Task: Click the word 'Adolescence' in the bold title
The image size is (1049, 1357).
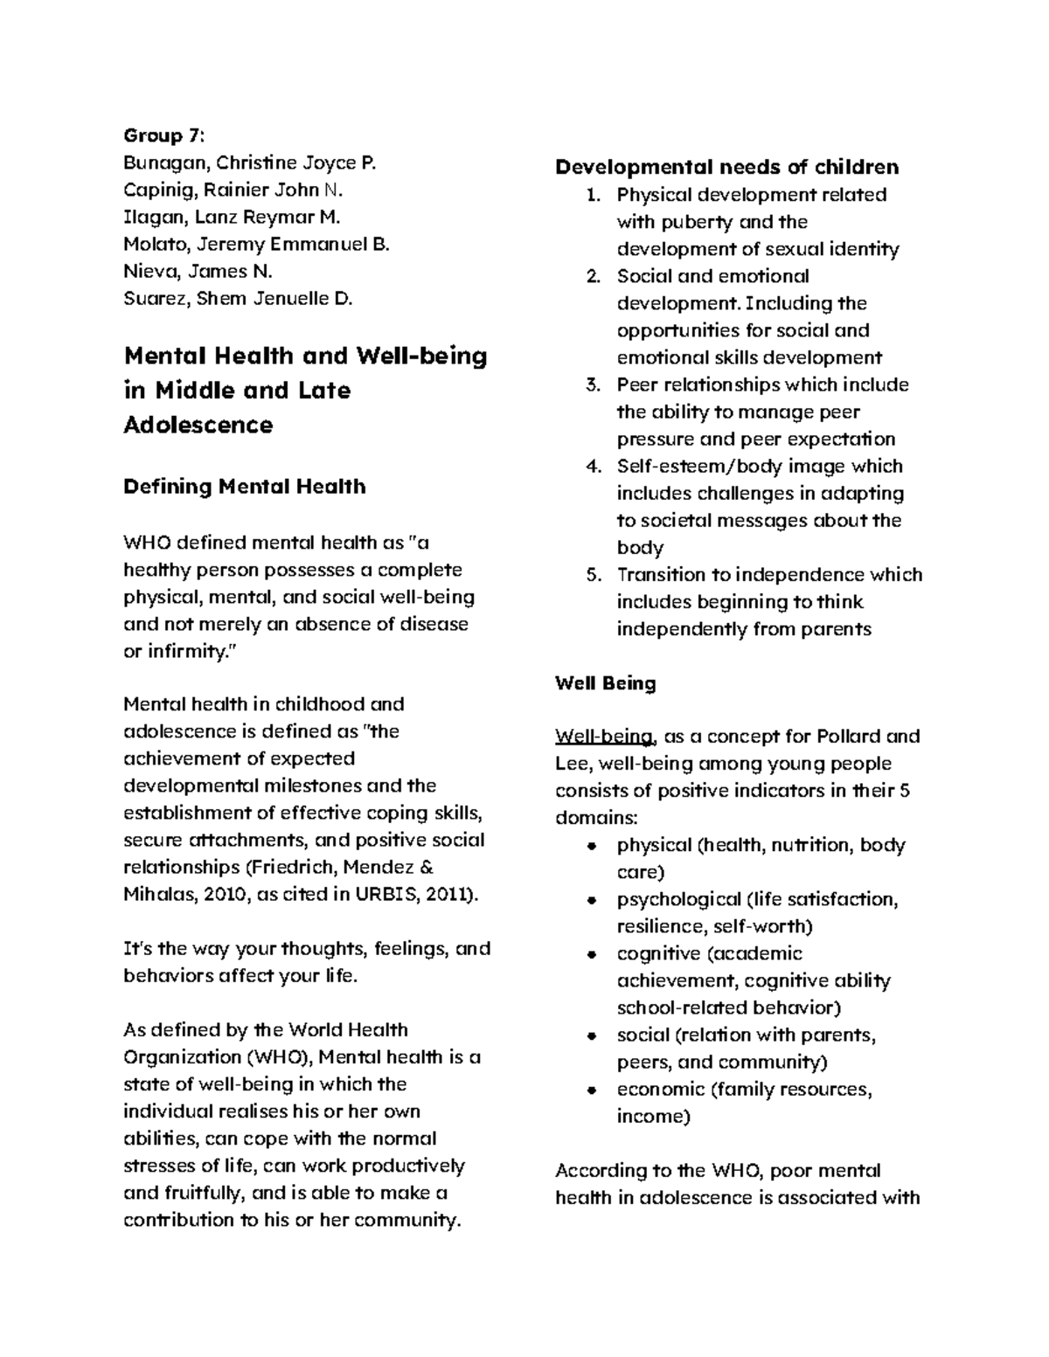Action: coord(198,426)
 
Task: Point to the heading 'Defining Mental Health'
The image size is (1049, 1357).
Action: coord(245,487)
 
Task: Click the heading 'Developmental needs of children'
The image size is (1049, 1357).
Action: coord(726,167)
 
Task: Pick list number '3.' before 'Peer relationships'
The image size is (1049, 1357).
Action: coord(594,385)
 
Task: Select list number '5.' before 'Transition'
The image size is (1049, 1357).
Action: coord(594,575)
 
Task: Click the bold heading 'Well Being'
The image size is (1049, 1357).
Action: coord(605,683)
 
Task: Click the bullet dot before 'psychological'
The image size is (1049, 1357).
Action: coord(592,900)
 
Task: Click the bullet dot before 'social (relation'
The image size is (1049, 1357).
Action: coord(592,1035)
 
